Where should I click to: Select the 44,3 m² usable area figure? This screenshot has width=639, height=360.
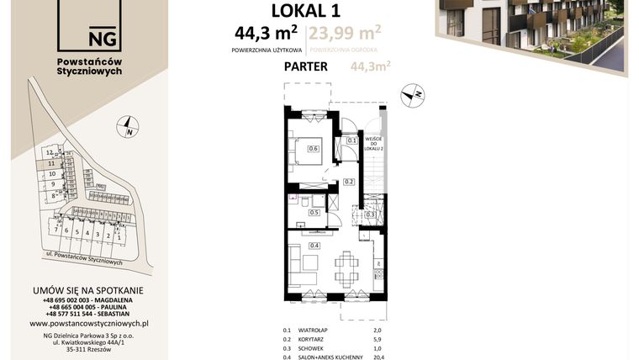point(267,34)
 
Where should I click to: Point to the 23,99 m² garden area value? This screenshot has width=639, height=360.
point(345,34)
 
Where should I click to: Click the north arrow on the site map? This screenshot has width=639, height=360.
point(129,129)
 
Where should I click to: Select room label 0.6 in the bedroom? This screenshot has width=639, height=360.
point(313,149)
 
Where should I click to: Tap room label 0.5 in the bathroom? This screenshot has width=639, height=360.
point(314,213)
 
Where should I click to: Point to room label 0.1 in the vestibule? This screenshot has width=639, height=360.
point(351,141)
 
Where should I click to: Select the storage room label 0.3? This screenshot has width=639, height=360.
point(370,215)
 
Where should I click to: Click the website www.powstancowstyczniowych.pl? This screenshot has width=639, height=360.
point(89,323)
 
